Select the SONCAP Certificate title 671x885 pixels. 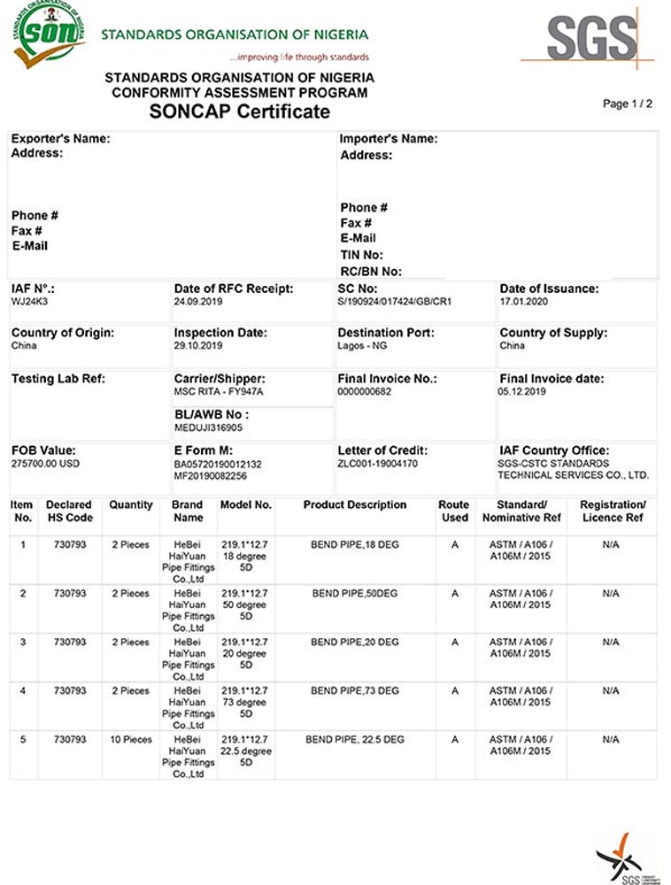point(239,112)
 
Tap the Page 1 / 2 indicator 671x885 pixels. point(627,104)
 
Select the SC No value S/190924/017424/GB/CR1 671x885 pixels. point(395,302)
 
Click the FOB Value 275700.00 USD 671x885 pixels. point(45,464)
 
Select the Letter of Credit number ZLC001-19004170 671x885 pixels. point(377,464)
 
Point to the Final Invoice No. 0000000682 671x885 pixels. point(366,391)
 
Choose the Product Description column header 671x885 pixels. point(355,505)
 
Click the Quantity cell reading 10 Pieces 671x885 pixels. point(131,740)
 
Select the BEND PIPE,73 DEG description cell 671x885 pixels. point(355,691)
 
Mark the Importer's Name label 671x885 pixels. point(389,139)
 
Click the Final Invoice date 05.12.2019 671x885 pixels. point(522,391)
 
